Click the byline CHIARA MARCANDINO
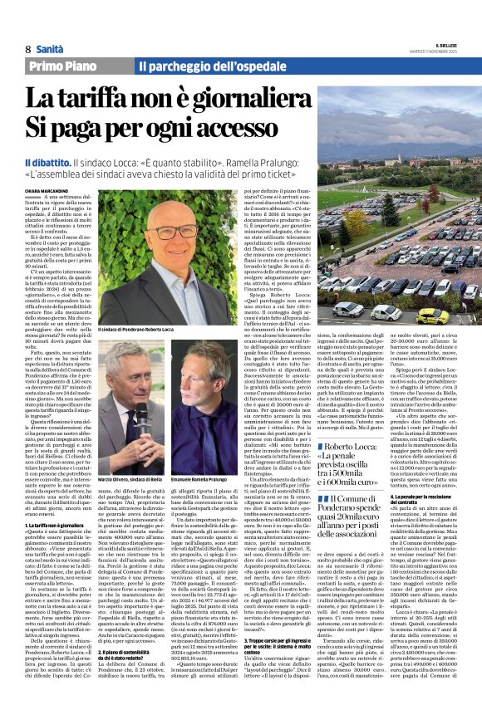[x=47, y=188]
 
